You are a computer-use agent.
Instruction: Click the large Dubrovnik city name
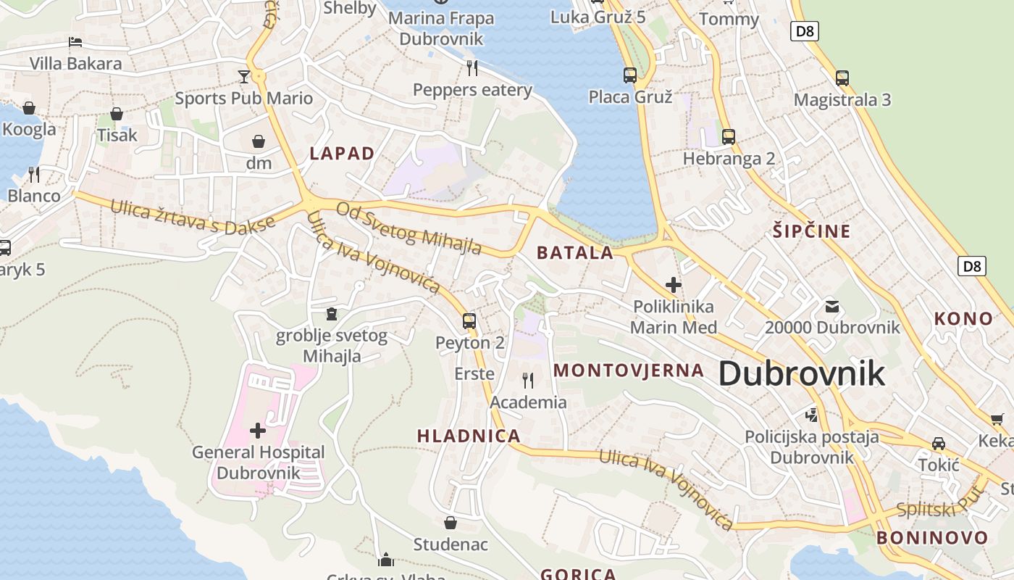pos(801,374)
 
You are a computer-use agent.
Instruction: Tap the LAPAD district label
pos(342,154)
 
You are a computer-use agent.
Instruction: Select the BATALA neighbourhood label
pos(575,253)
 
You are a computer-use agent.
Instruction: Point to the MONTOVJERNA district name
pos(629,370)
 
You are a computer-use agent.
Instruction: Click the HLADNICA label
pos(469,436)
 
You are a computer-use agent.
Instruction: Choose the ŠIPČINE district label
pos(810,232)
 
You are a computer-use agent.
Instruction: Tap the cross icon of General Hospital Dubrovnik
pos(258,431)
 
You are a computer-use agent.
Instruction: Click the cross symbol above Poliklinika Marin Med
pos(674,285)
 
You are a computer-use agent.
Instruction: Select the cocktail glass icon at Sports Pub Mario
pos(243,76)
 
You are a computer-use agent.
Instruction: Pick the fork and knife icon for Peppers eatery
pos(472,68)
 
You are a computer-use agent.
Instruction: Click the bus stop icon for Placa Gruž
pos(630,75)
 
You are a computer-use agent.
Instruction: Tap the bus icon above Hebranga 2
pos(729,136)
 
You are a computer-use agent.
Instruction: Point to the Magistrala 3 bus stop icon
pos(842,78)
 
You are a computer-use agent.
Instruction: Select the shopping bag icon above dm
pos(259,141)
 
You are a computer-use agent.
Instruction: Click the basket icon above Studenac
pos(451,522)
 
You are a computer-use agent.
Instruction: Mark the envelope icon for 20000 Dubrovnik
pos(832,306)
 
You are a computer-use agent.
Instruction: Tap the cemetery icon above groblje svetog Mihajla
pos(332,314)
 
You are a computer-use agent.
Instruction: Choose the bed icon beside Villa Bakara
pos(75,42)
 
